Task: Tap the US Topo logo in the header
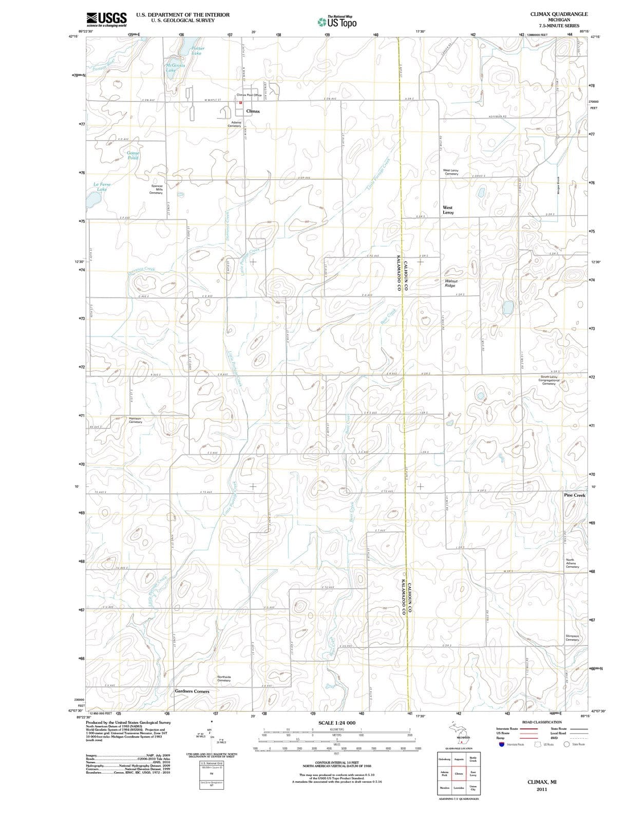337,22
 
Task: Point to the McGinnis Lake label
175,67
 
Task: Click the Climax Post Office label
249,95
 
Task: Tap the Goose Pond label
133,155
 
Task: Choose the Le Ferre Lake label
102,186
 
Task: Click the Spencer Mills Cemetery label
156,189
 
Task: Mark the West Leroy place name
448,210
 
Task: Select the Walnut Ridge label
451,283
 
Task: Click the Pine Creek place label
574,495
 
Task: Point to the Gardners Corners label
192,692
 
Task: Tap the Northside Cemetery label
224,679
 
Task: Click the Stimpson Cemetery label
572,638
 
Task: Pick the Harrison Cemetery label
135,420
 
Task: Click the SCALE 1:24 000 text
336,723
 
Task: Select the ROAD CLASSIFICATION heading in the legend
542,722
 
